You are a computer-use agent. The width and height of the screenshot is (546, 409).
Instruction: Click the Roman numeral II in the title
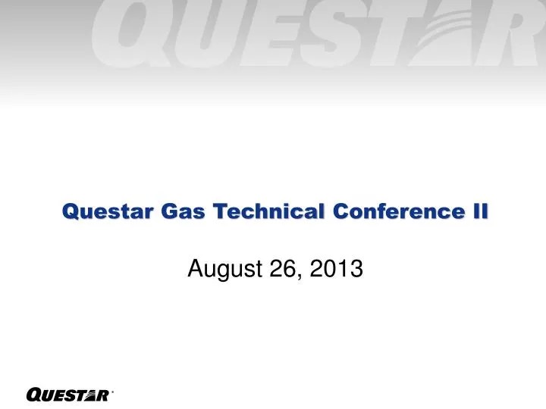click(x=479, y=214)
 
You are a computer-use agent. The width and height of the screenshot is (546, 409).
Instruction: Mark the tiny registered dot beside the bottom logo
click(x=112, y=391)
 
